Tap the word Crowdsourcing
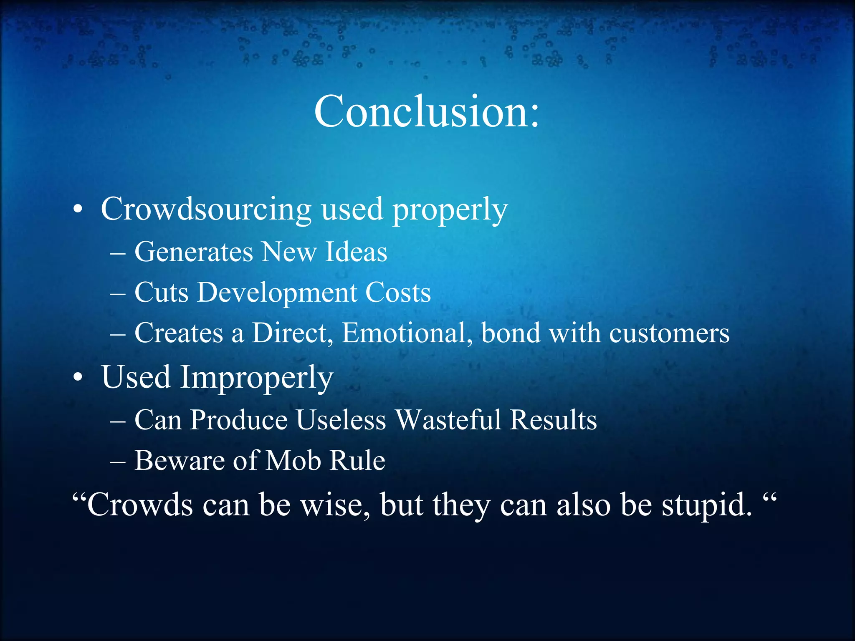(206, 209)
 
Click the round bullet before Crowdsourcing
(78, 210)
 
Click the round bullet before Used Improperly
(78, 378)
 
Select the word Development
(277, 293)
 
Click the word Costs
(398, 293)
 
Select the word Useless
(341, 419)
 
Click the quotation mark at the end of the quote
(769, 497)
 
